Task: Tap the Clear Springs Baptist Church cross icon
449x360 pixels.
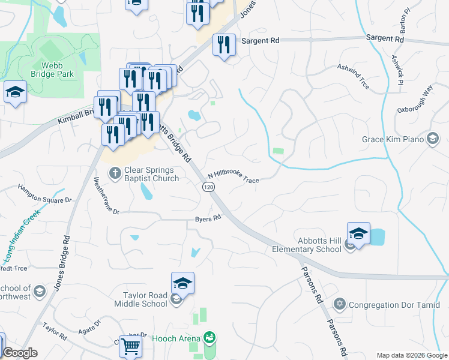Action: (115, 173)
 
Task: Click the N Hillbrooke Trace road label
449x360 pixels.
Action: (233, 178)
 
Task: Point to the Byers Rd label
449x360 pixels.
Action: (208, 219)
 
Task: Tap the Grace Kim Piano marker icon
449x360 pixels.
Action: (432, 140)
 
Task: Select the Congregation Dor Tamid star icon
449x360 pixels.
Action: (340, 304)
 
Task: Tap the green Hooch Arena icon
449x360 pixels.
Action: (209, 338)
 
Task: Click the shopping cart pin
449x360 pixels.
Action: (130, 347)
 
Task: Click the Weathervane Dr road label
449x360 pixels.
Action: (107, 196)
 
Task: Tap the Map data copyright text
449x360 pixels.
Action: (412, 355)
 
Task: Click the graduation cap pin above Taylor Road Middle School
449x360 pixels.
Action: (182, 283)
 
